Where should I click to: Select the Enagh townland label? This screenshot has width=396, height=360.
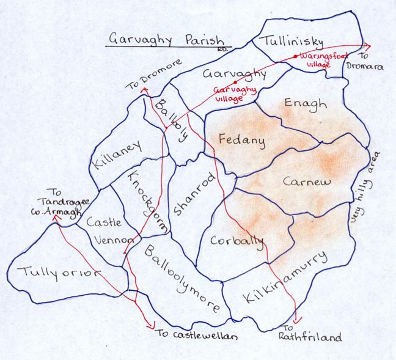pyautogui.click(x=306, y=105)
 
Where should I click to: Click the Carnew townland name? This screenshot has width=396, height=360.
pyautogui.click(x=307, y=182)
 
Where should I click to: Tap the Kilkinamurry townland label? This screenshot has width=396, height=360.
pyautogui.click(x=288, y=281)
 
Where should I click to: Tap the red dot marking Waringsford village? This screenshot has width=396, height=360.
pyautogui.click(x=296, y=56)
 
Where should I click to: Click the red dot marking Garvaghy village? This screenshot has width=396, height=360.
pyautogui.click(x=234, y=82)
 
